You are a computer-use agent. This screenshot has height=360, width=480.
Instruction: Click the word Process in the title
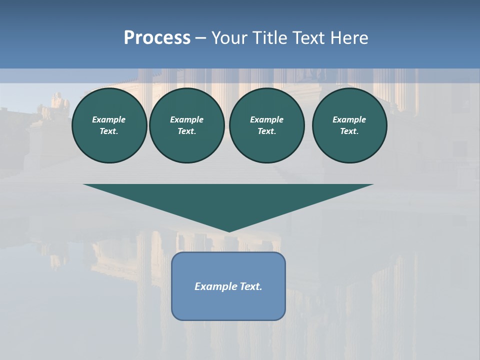pos(157,38)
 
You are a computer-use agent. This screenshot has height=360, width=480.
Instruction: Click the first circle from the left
pos(109,125)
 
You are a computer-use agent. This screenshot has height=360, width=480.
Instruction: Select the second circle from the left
pos(187,125)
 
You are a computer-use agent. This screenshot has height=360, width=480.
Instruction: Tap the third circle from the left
pos(267,125)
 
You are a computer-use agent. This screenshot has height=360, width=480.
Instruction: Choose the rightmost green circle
pos(349,125)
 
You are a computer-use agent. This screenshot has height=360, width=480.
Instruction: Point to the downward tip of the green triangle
pos(228,231)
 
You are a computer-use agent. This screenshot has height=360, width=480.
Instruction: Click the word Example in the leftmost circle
pos(109,119)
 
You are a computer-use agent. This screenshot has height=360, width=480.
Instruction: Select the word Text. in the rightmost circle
pos(349,131)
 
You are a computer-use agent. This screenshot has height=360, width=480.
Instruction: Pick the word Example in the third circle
pos(267,119)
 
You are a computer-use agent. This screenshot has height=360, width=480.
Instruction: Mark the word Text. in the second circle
pos(187,131)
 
